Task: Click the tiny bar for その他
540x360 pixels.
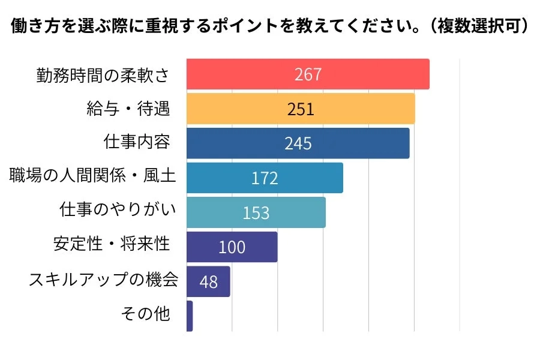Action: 190,316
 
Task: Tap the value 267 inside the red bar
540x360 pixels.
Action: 308,74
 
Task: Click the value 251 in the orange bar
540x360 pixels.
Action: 301,109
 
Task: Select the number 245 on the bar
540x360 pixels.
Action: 298,144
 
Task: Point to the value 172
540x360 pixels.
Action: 265,178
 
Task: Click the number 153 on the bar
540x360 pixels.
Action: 256,213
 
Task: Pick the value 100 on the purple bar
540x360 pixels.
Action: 232,247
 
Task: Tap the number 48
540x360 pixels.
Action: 208,282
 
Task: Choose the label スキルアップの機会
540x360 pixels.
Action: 103,280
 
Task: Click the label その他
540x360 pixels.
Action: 146,314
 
